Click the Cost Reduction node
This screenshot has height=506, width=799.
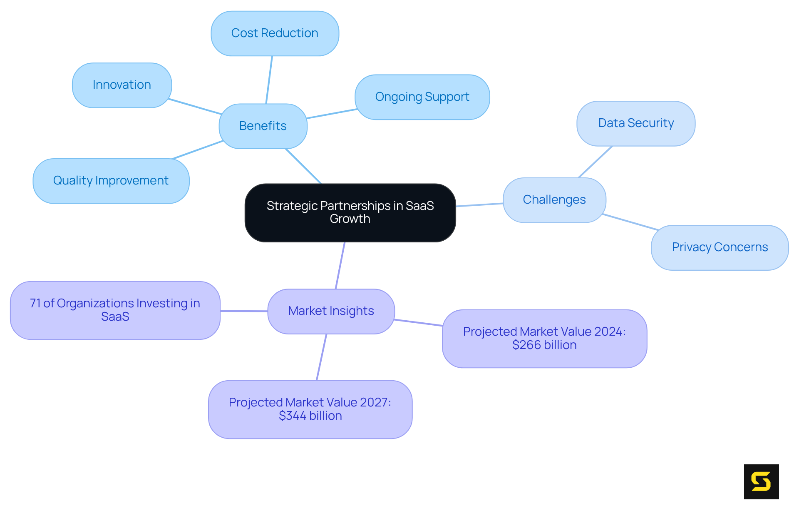(x=275, y=33)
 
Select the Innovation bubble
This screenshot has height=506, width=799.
(x=122, y=85)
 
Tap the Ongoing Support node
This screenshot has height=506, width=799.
(x=422, y=97)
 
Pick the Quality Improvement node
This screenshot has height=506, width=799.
(x=111, y=181)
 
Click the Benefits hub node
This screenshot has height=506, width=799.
(x=263, y=126)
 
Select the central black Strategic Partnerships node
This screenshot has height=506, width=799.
(x=350, y=212)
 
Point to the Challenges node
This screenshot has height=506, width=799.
(x=554, y=200)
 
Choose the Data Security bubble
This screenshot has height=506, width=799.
(x=635, y=123)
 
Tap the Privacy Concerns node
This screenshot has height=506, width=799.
(x=720, y=247)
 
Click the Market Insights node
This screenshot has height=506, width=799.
(x=331, y=311)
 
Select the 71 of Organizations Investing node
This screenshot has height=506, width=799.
(x=115, y=310)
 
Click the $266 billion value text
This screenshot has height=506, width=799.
(x=544, y=345)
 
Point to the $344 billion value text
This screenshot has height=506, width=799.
(x=310, y=416)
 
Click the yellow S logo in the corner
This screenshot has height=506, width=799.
(x=761, y=481)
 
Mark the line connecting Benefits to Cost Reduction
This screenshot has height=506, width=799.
(x=269, y=80)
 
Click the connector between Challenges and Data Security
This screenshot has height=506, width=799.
(x=596, y=162)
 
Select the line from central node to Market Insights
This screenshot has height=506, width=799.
(x=340, y=265)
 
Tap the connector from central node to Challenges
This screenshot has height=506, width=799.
(x=479, y=205)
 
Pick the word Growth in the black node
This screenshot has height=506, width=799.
(x=350, y=219)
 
